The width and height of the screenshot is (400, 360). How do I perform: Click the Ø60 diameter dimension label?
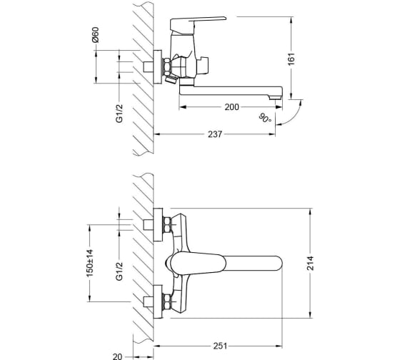pos(96,35)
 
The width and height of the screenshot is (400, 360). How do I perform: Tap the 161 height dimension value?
pos(291,59)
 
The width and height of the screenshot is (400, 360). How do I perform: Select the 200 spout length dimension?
pos(231,107)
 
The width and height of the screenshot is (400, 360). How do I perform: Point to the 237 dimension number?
pos(215,134)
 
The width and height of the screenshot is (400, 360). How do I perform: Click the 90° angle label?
pos(265,118)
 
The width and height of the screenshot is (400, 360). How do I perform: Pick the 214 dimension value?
pos(310,263)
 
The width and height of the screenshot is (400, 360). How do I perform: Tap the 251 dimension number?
pos(220,346)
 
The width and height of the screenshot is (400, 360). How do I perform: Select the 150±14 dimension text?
pos(90,263)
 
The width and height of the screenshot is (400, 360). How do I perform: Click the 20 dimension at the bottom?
pos(117,356)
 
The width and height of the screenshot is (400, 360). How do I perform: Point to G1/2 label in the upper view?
pos(119,114)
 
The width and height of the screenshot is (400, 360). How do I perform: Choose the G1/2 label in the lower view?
pos(119,271)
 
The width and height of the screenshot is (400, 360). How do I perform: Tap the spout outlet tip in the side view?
pos(275,97)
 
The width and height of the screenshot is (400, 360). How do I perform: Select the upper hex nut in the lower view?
pos(166,225)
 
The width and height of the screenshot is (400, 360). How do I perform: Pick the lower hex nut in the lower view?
pos(166,302)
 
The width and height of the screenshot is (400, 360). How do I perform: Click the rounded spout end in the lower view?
pos(279,263)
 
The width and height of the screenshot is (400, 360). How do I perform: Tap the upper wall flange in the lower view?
pos(158,225)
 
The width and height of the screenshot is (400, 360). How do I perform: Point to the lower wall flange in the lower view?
pos(158,302)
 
